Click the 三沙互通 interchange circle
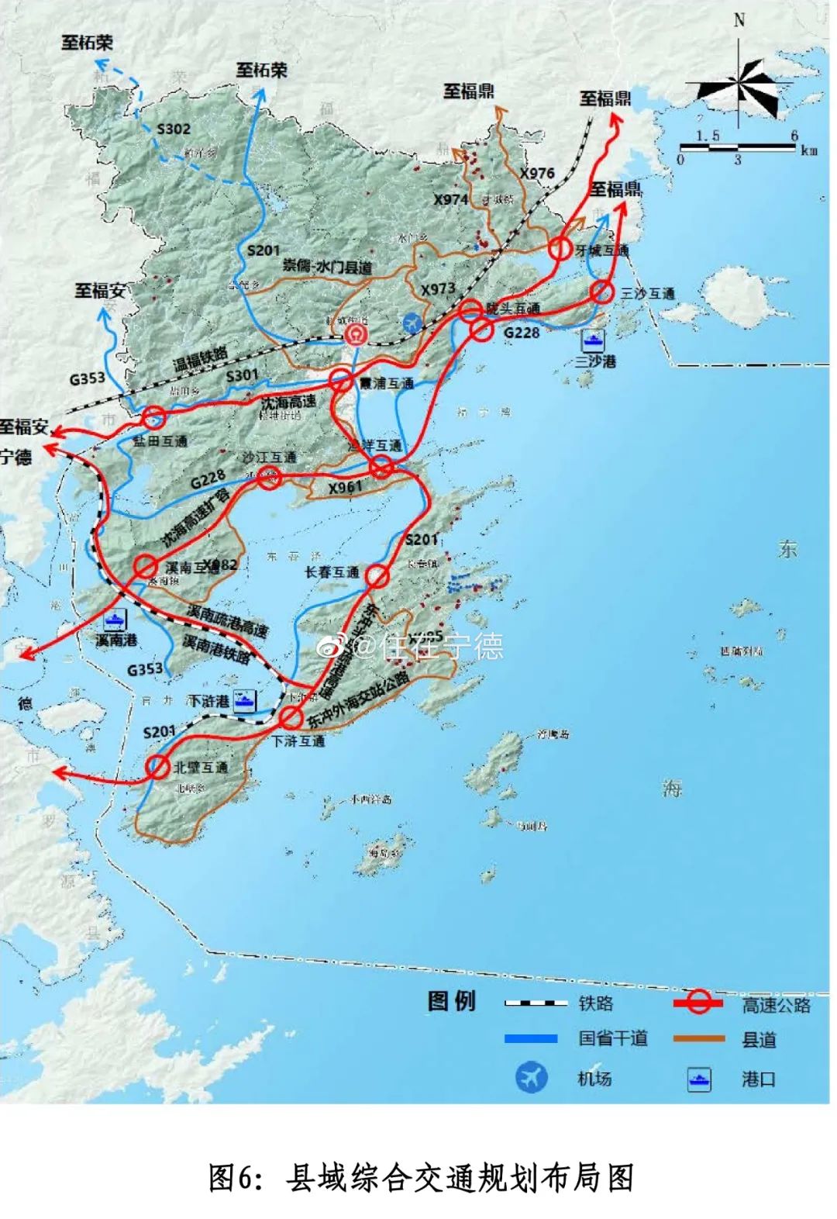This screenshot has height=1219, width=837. coord(601,292)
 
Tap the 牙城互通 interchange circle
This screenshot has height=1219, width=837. coord(560,249)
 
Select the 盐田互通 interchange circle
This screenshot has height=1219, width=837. coord(154,418)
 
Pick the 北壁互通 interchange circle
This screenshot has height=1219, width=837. coord(158,766)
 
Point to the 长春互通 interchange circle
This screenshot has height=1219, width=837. coord(377,575)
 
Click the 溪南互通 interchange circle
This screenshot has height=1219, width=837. coord(145,565)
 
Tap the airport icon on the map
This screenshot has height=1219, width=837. coord(415,323)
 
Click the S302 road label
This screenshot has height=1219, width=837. coord(174,129)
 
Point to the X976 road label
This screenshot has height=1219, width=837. coord(537,173)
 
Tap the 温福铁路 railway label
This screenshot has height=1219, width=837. coord(201,360)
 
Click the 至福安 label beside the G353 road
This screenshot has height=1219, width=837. coord(100,291)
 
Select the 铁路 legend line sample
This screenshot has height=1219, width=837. coord(536,1003)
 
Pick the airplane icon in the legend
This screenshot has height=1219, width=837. coord(532,1077)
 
